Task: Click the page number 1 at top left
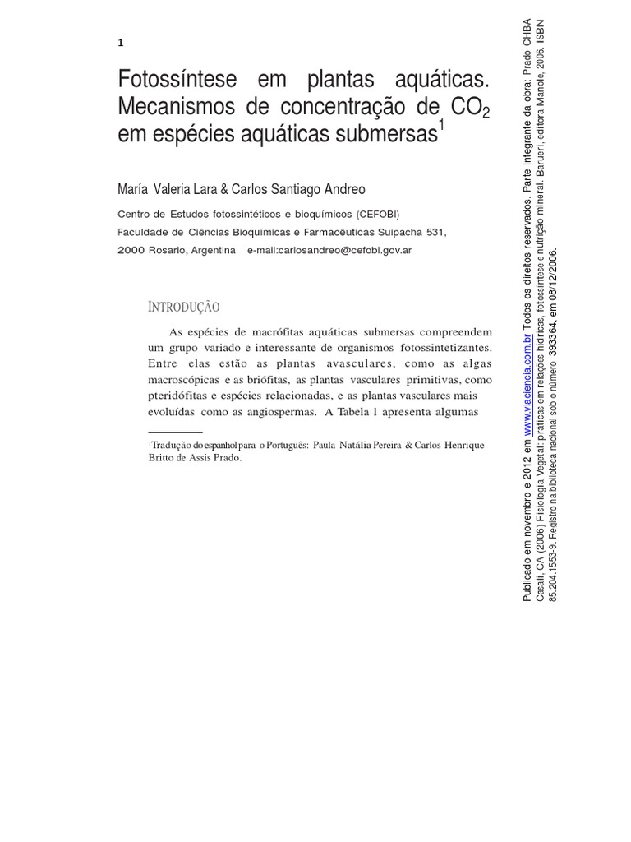coord(122,43)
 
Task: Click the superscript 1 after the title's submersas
coord(440,126)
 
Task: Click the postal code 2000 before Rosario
coord(132,251)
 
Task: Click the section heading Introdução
coord(184,308)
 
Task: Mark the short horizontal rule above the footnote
coord(175,431)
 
